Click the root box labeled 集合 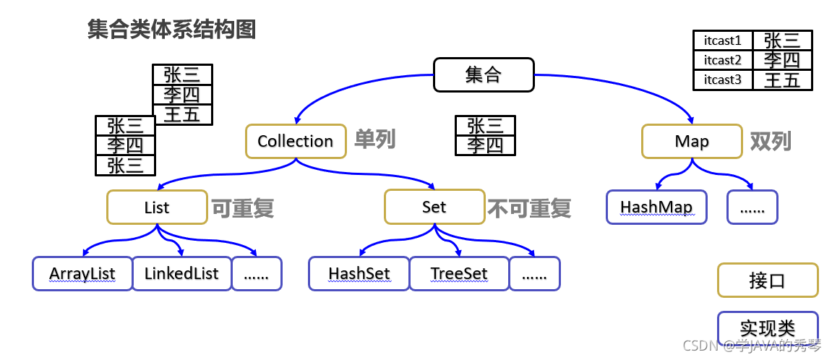(x=483, y=74)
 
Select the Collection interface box (x=295, y=141)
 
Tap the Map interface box (x=692, y=141)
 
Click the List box (x=156, y=207)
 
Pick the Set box (x=434, y=207)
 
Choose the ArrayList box (x=82, y=274)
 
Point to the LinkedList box (x=181, y=274)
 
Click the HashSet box (x=359, y=274)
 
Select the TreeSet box (x=459, y=274)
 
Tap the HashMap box (x=656, y=207)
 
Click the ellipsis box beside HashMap (x=752, y=207)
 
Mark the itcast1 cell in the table (x=723, y=40)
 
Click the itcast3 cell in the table (x=723, y=80)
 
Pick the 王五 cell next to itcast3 (x=782, y=80)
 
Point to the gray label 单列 (x=374, y=140)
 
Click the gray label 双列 (x=771, y=140)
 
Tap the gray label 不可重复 (x=529, y=208)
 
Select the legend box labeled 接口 (x=767, y=280)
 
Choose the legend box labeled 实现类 (x=767, y=328)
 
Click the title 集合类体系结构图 (x=171, y=30)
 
